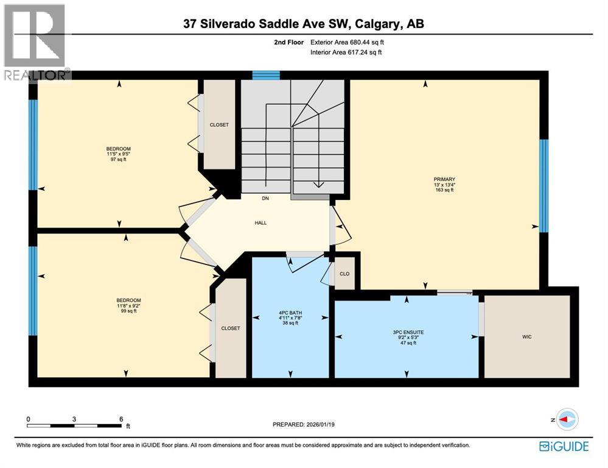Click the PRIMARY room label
(444, 180)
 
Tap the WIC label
(527, 337)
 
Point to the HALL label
(260, 222)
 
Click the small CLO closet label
(344, 274)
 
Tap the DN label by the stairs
(265, 198)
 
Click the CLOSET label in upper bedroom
(219, 125)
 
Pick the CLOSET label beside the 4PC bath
(231, 328)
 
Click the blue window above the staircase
(266, 75)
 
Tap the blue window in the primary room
(544, 186)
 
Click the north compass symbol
(567, 419)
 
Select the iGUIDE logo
(564, 447)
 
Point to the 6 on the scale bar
(121, 419)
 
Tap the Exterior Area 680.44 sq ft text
(348, 43)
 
